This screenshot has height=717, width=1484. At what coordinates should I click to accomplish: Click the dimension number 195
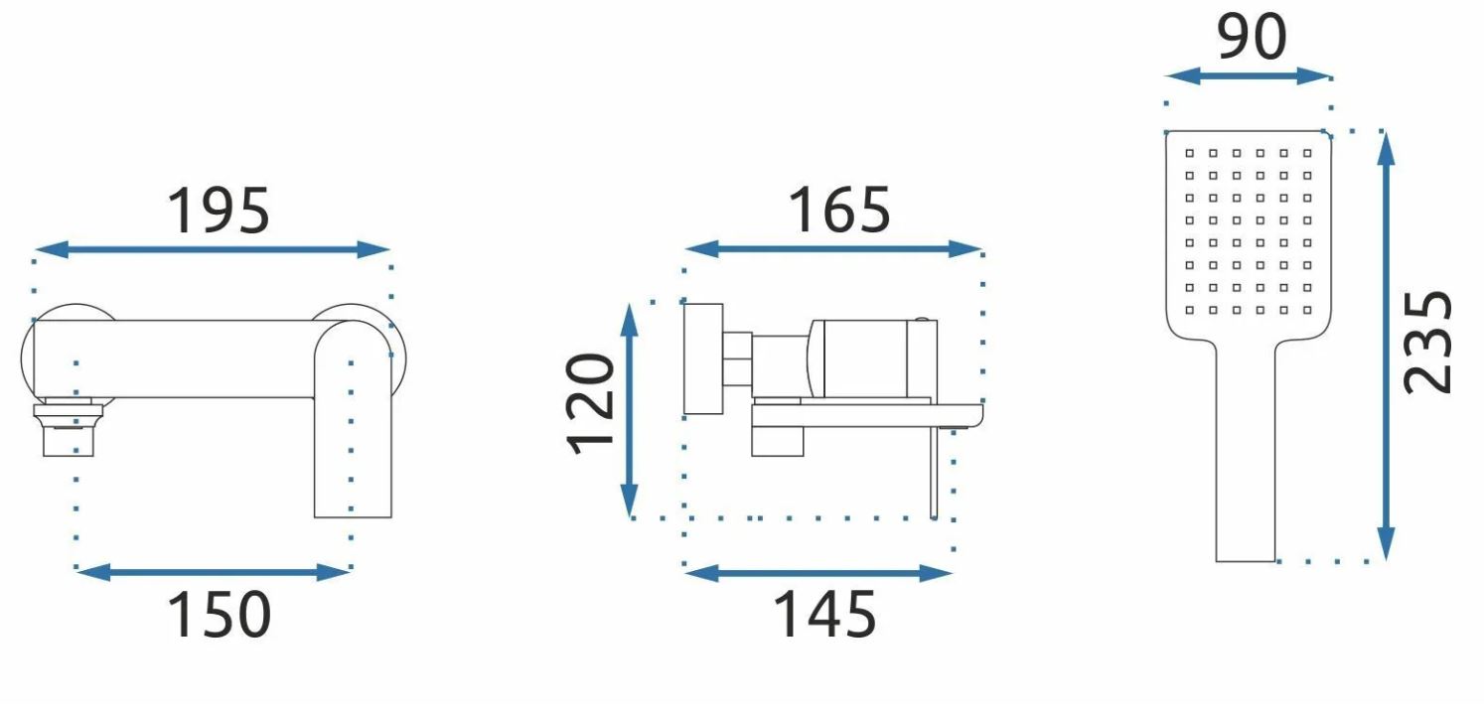tap(219, 211)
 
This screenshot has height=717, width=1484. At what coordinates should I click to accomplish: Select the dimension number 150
tap(219, 614)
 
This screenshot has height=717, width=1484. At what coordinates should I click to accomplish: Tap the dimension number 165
tap(839, 210)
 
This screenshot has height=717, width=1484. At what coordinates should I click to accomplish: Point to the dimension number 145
tap(824, 614)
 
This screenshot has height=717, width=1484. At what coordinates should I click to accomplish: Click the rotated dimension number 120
tap(591, 404)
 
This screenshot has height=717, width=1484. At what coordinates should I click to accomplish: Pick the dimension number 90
tap(1253, 37)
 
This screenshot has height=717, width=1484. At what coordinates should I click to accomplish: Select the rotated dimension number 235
tap(1428, 343)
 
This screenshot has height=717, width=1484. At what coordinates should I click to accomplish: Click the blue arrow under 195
tap(212, 249)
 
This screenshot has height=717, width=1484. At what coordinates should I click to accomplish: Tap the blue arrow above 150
tap(213, 573)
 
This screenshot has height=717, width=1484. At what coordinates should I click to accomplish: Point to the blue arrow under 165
tap(832, 249)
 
